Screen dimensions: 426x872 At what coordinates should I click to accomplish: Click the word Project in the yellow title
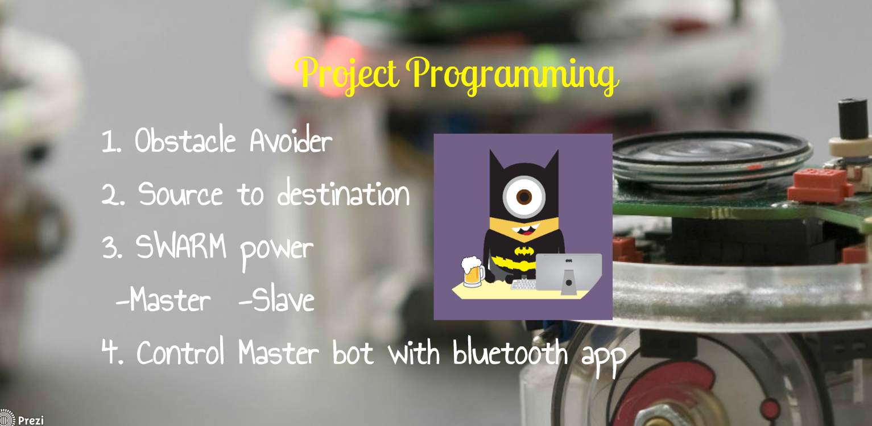click(349, 74)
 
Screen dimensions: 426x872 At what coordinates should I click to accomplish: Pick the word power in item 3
click(276, 250)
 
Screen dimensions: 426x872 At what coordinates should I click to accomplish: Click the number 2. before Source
click(110, 195)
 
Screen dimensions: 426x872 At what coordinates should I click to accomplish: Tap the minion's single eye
click(524, 196)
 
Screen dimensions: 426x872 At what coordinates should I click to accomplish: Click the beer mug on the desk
click(473, 272)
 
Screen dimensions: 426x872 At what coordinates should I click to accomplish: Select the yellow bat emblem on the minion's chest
click(523, 251)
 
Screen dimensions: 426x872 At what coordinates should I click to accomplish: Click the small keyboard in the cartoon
click(523, 284)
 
